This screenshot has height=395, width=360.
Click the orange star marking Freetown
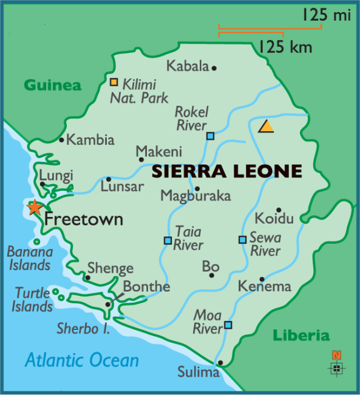(x=35, y=207)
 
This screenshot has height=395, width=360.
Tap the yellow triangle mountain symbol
(x=266, y=126)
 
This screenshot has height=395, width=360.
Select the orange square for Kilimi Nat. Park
(x=114, y=81)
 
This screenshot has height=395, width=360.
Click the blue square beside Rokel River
(x=210, y=136)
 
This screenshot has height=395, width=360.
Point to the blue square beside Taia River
(x=168, y=240)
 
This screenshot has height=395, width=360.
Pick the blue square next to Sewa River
(x=242, y=239)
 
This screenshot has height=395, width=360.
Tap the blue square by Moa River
(x=228, y=325)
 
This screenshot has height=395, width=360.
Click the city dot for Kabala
(x=214, y=67)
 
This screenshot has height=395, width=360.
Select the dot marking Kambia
(x=61, y=140)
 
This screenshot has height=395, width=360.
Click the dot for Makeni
(x=141, y=160)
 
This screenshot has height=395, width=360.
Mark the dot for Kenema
(x=262, y=279)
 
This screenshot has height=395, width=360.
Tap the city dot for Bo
(x=212, y=275)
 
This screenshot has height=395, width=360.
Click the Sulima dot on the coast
(x=220, y=363)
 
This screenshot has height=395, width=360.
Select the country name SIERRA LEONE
(x=226, y=171)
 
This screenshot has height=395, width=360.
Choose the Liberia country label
(x=301, y=335)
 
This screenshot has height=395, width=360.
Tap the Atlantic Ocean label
(x=82, y=360)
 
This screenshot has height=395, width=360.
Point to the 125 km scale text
(x=280, y=46)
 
